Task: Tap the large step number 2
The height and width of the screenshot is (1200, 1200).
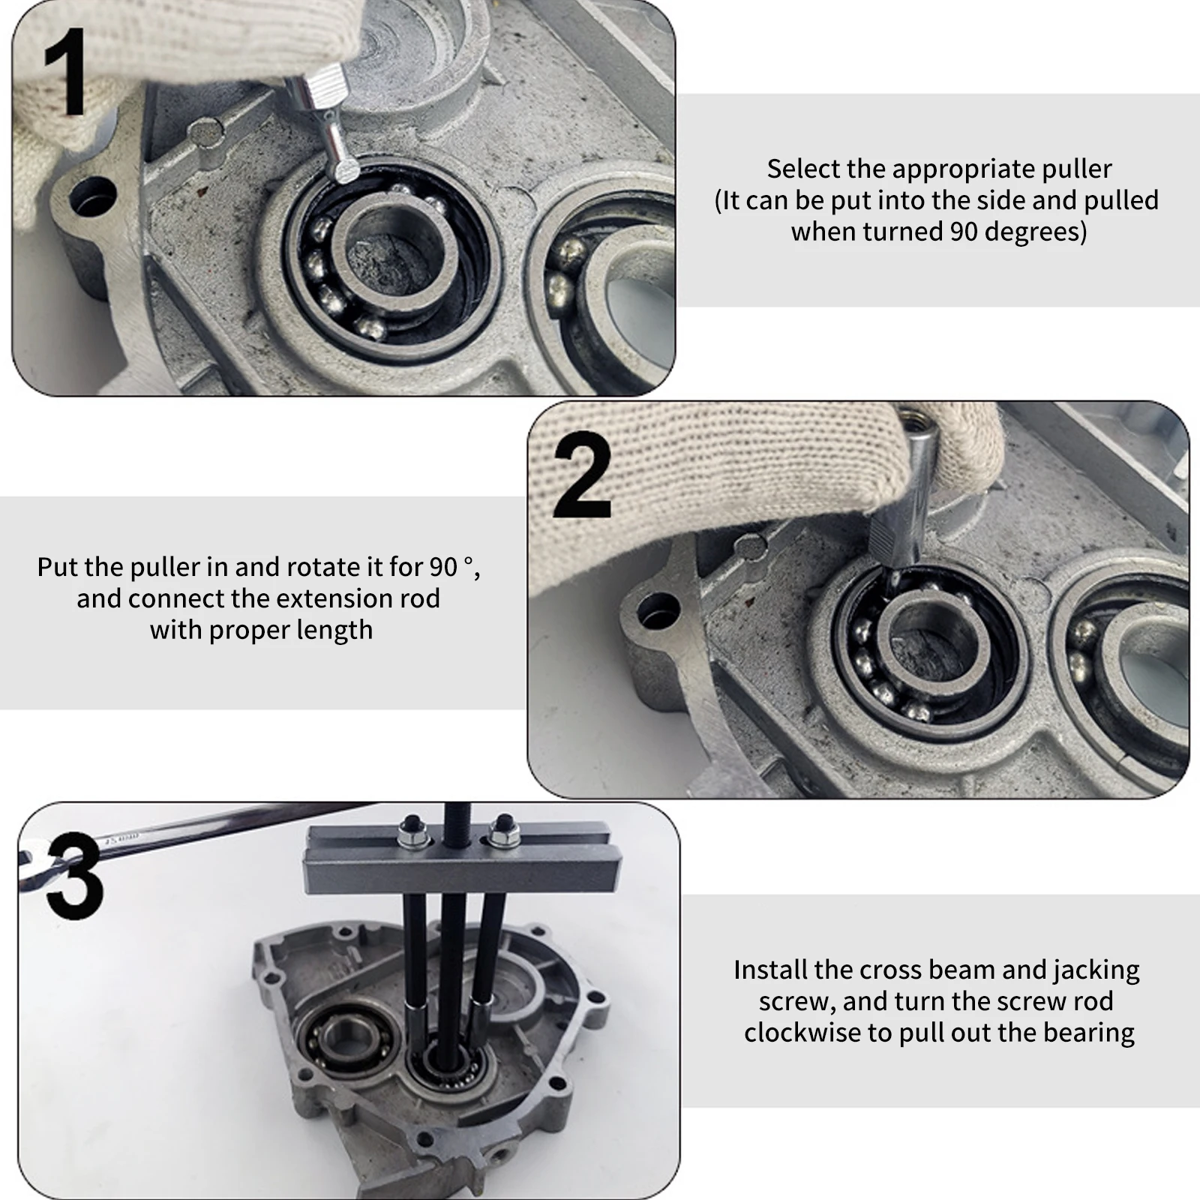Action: tap(583, 475)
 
